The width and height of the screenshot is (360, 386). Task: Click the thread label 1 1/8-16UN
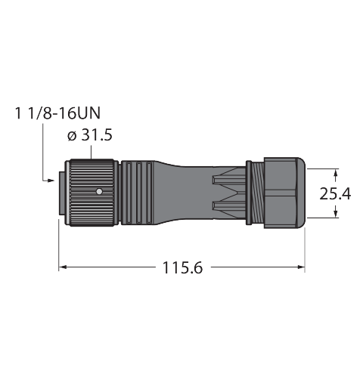[58, 113]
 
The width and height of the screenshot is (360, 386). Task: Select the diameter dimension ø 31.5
[90, 135]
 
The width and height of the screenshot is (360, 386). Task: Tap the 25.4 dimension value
[335, 194]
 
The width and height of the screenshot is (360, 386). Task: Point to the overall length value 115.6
[182, 267]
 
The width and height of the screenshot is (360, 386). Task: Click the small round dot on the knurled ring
[99, 192]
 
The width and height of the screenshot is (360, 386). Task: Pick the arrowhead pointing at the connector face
[51, 181]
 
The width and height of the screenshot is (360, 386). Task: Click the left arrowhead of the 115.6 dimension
[62, 267]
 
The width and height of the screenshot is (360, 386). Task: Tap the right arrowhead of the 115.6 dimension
[301, 267]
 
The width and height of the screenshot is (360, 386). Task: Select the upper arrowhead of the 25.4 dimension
[335, 172]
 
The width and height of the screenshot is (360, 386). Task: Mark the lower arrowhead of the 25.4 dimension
[335, 214]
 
